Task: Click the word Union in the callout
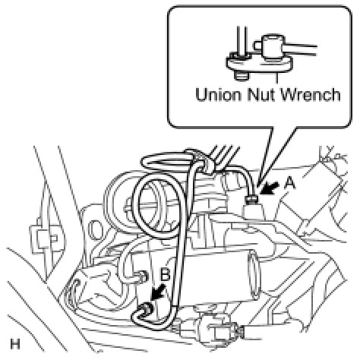(x=218, y=95)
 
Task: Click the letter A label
(x=289, y=183)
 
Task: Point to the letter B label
(x=166, y=275)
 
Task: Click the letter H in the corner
(x=15, y=344)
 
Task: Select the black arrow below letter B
(x=157, y=293)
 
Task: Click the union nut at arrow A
(x=251, y=200)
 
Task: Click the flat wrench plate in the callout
(x=260, y=64)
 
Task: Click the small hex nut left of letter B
(x=144, y=277)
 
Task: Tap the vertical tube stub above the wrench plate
(x=242, y=40)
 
